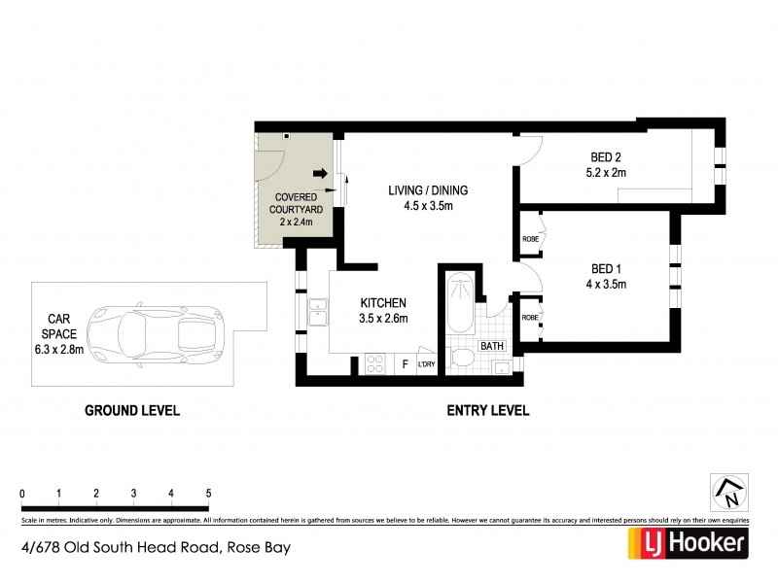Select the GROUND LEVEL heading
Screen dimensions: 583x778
point(131,411)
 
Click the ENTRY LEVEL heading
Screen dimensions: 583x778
point(487,411)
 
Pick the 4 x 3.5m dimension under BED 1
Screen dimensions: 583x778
point(608,285)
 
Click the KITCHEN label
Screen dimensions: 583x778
point(382,303)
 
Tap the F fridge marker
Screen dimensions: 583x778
point(405,365)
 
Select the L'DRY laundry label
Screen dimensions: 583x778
point(426,365)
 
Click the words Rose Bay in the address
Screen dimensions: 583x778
point(258,546)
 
